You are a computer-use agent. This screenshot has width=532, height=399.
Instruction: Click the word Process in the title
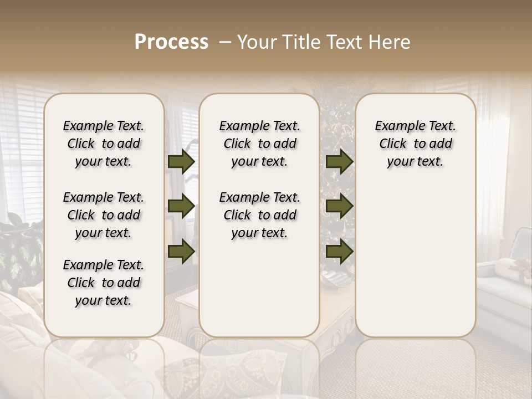pyautogui.click(x=171, y=42)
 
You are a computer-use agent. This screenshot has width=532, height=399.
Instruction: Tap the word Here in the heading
pyautogui.click(x=390, y=42)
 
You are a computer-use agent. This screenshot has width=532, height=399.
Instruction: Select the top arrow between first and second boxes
pyautogui.click(x=181, y=162)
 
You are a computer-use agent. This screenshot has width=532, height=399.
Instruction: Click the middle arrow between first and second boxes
pyautogui.click(x=181, y=207)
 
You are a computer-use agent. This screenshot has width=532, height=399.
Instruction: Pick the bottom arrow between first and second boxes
pyautogui.click(x=181, y=251)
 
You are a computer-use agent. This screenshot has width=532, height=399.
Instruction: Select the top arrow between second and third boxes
pyautogui.click(x=339, y=162)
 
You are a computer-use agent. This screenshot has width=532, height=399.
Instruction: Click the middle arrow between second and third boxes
pyautogui.click(x=339, y=207)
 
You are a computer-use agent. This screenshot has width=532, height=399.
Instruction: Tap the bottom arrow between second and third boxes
pyautogui.click(x=339, y=251)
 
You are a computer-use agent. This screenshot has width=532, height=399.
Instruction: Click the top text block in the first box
pyautogui.click(x=104, y=144)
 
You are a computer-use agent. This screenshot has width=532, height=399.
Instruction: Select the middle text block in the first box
pyautogui.click(x=104, y=215)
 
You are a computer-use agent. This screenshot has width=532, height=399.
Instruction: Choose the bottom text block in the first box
pyautogui.click(x=104, y=283)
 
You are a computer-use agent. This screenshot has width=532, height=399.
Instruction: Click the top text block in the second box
pyautogui.click(x=259, y=144)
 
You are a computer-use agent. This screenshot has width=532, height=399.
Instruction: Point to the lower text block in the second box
pyautogui.click(x=259, y=215)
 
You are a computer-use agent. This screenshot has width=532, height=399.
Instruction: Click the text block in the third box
pyautogui.click(x=416, y=144)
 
